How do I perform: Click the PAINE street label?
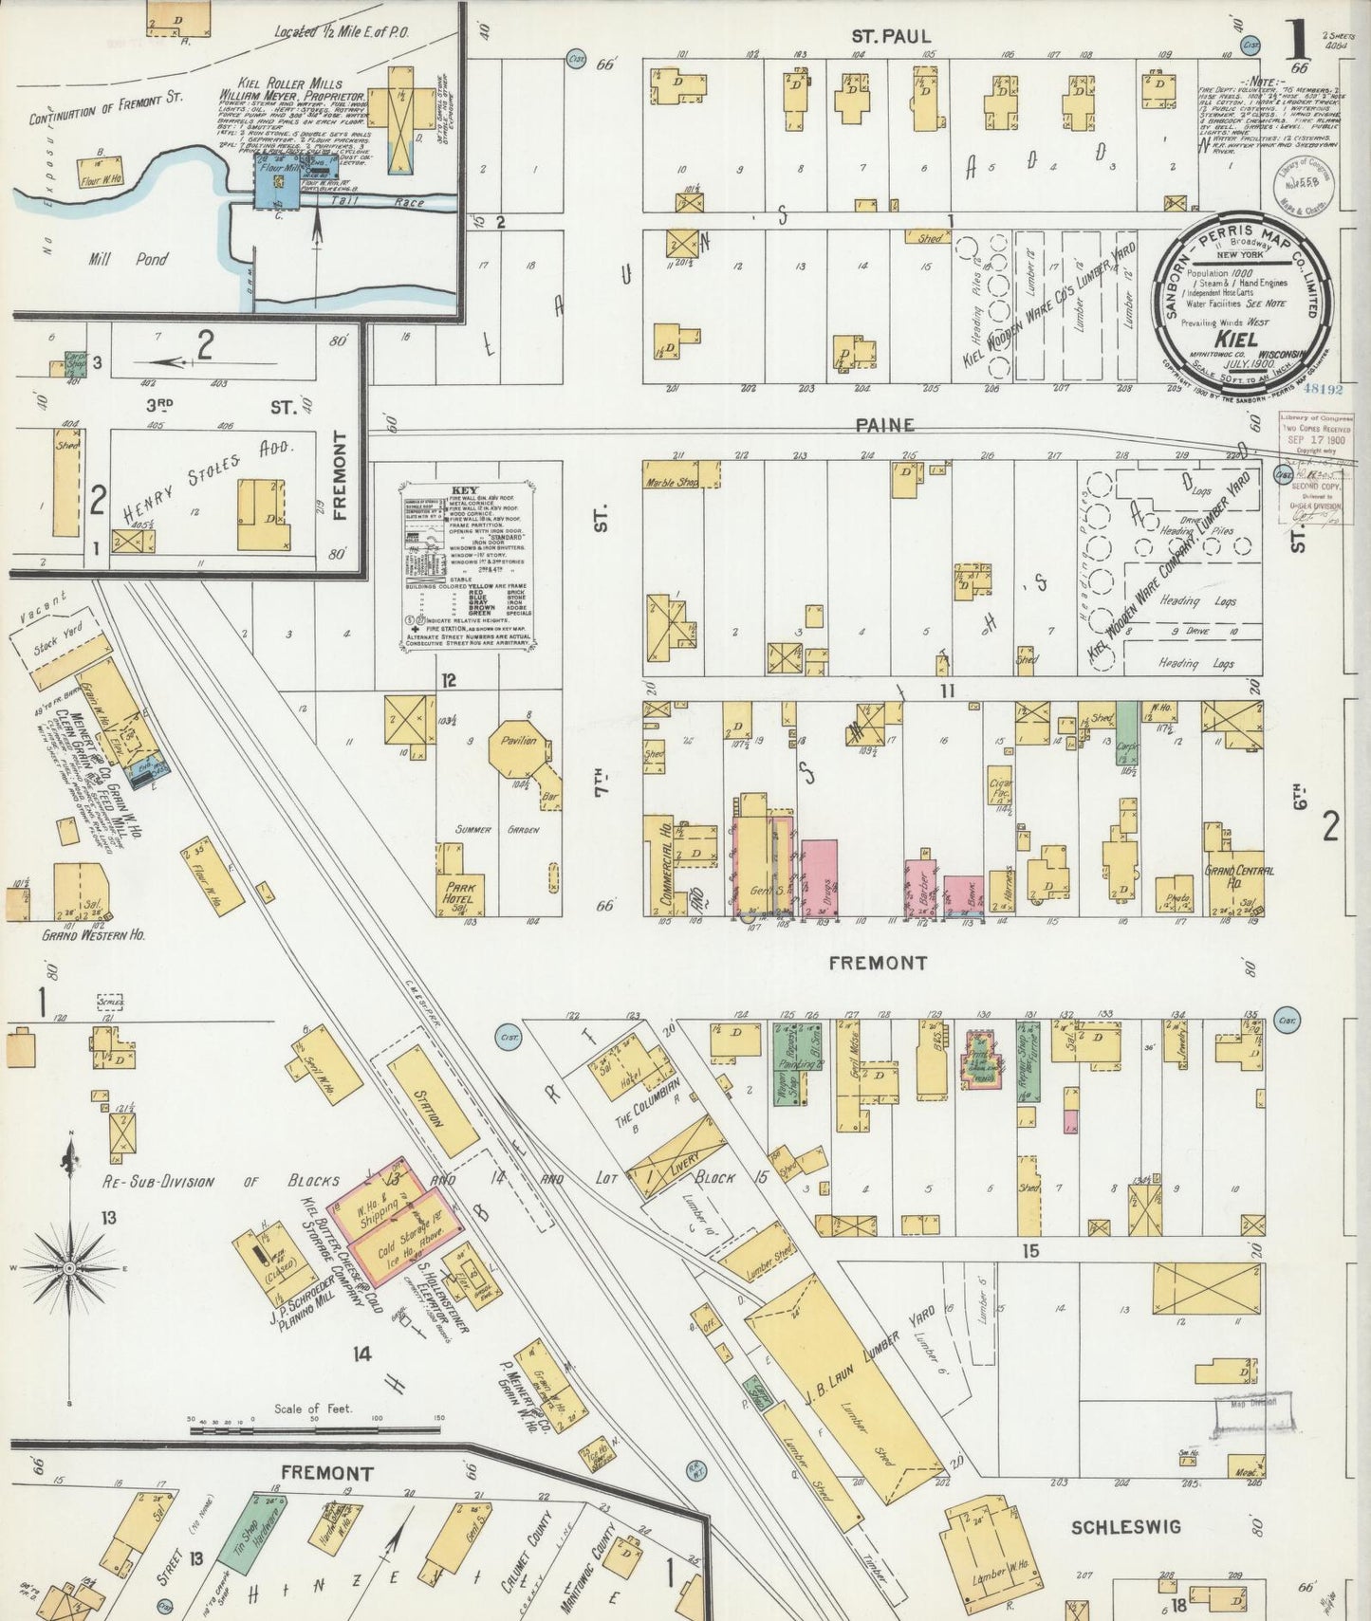[x=884, y=425]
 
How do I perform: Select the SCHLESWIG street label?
[x=1125, y=1527]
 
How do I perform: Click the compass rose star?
[x=70, y=1267]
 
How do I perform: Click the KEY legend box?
[x=465, y=566]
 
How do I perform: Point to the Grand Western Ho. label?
[x=93, y=934]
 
